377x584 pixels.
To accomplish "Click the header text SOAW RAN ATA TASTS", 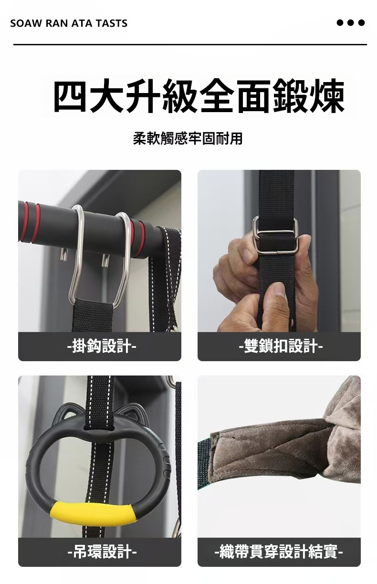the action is [x=69, y=23].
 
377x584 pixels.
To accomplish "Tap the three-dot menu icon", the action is [x=350, y=23].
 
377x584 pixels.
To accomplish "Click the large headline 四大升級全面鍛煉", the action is [x=199, y=96].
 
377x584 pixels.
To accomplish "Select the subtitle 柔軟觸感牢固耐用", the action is [x=188, y=138].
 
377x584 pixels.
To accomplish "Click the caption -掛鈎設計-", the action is [x=102, y=346].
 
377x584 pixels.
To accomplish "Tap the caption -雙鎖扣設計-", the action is [x=281, y=346].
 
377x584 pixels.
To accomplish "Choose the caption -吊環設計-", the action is [x=102, y=552].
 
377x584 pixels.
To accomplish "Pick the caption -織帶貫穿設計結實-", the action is [x=279, y=552].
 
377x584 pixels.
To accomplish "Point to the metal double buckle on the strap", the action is [x=275, y=234].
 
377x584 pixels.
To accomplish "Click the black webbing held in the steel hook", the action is [x=93, y=315].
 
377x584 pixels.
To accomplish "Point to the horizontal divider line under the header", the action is [x=190, y=44].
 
